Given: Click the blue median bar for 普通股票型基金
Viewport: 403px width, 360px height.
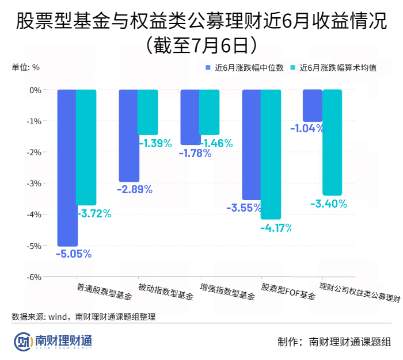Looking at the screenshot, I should point(67,167).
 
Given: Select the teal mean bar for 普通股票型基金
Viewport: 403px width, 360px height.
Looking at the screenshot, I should point(86,147).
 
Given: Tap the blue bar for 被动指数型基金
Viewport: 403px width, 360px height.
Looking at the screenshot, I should point(129,135).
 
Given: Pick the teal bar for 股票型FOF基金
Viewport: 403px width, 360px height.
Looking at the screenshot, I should point(271,154).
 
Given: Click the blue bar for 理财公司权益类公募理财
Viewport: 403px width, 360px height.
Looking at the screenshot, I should point(313,106).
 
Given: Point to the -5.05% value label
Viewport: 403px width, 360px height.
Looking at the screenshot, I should point(73,254).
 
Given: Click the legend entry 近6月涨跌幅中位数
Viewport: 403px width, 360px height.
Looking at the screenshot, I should point(245,67).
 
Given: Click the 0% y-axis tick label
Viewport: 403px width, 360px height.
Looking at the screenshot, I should point(36,90).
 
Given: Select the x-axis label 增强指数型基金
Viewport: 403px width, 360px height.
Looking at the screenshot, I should point(227,292).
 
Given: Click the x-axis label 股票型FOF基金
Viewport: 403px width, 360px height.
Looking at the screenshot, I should point(288,292).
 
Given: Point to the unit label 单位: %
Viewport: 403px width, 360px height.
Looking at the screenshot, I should point(26,67).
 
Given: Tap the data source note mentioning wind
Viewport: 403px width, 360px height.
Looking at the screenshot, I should point(83,316).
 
